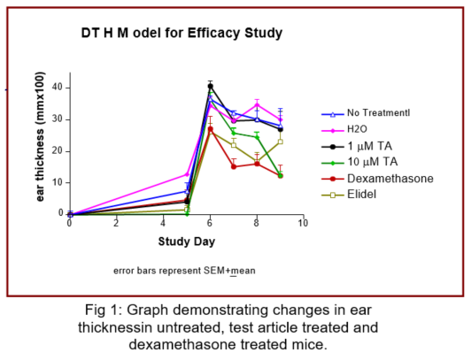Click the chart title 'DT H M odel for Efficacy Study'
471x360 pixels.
tap(181, 33)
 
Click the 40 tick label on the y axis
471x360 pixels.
tap(58, 88)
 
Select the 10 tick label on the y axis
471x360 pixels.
tap(58, 182)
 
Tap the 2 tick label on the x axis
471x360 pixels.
tap(116, 223)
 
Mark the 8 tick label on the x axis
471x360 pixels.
tap(257, 223)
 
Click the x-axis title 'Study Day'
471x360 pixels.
tap(187, 241)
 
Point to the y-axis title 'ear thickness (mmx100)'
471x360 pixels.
tap(40, 137)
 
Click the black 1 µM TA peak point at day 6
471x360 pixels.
tap(211, 87)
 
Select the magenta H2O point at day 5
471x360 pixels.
tap(187, 174)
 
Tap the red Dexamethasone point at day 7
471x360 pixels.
tap(234, 167)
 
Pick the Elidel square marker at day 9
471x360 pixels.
tap(281, 142)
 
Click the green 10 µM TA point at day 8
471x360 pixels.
tap(257, 137)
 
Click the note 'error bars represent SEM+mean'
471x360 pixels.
tap(184, 271)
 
